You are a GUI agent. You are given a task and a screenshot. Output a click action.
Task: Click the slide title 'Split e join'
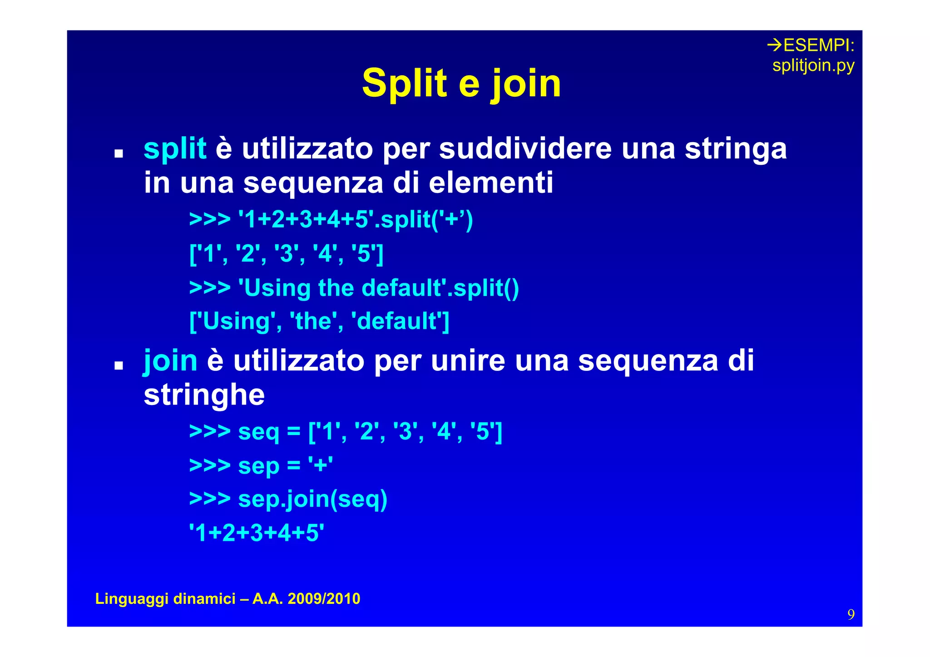pyautogui.click(x=461, y=84)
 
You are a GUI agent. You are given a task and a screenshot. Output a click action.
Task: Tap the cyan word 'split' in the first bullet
pyautogui.click(x=175, y=149)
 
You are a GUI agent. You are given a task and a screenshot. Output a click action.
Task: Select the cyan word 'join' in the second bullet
pyautogui.click(x=170, y=361)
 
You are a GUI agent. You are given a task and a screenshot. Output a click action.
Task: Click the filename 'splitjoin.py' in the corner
pyautogui.click(x=813, y=66)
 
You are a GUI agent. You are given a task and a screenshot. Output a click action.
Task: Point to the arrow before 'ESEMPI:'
pyautogui.click(x=774, y=45)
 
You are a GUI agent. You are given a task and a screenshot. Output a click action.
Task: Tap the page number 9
pyautogui.click(x=851, y=614)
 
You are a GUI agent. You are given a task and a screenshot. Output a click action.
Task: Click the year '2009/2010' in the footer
pyautogui.click(x=324, y=598)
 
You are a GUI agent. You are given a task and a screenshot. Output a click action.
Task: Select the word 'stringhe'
pyautogui.click(x=204, y=395)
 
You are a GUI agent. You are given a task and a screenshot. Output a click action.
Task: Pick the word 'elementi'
pyautogui.click(x=491, y=183)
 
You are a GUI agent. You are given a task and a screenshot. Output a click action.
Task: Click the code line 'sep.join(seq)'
pyautogui.click(x=312, y=499)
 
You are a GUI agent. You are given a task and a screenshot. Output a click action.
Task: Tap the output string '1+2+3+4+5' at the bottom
pyautogui.click(x=257, y=533)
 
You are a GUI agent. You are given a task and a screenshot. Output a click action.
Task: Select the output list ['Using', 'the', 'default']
pyautogui.click(x=319, y=321)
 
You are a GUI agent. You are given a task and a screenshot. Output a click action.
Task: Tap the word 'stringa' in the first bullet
pyautogui.click(x=736, y=149)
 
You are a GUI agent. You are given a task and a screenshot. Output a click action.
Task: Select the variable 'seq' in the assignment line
pyautogui.click(x=258, y=431)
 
